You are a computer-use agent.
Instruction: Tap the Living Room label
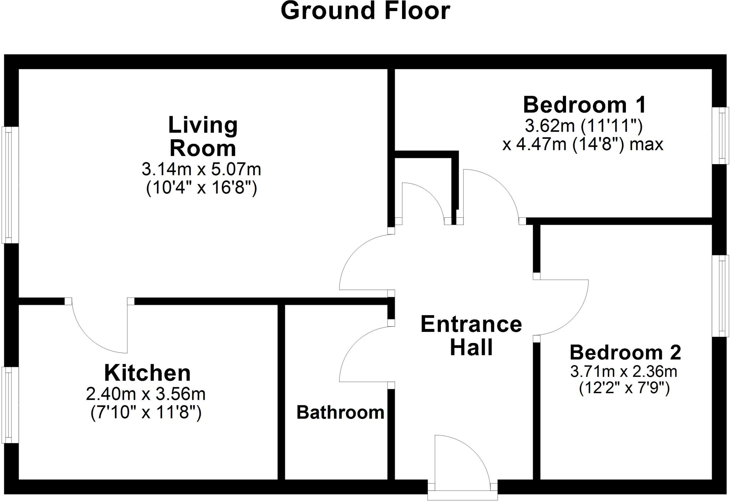coord(203,137)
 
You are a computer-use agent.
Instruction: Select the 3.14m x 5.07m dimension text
coord(201,169)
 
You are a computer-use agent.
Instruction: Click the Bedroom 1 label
coord(584,105)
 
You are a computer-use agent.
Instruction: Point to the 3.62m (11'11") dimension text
coord(584,126)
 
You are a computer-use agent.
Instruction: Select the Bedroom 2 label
coord(625,353)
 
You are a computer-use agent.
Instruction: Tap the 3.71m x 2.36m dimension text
coord(624,372)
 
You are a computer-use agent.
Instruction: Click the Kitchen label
coord(147,373)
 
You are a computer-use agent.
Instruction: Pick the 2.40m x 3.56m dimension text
coord(146,394)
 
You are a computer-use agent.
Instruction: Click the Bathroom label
coord(340,413)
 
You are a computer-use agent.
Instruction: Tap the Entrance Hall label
coord(471,335)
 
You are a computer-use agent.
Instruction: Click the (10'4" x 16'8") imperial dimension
coord(201,188)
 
